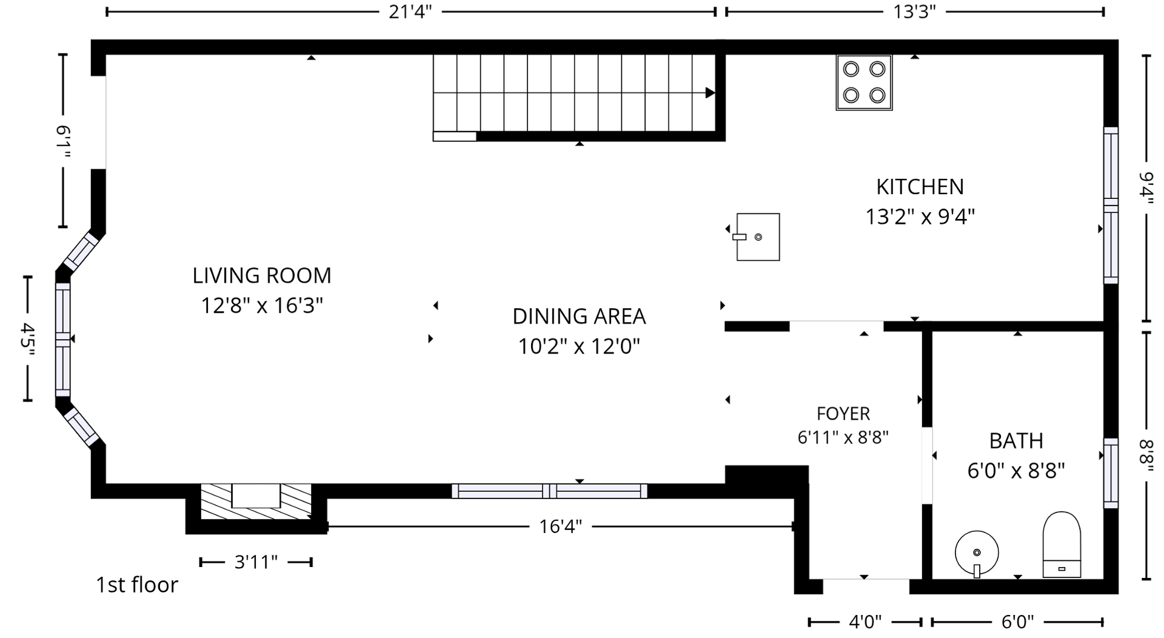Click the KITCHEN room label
(920, 187)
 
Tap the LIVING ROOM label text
(262, 276)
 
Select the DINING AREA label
(579, 317)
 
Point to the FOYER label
(843, 414)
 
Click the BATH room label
(1016, 441)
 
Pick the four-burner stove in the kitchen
(864, 82)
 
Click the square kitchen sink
(757, 237)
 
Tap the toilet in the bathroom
(1062, 545)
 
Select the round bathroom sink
(977, 553)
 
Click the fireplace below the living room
(256, 502)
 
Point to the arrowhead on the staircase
(710, 93)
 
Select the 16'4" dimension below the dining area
(560, 526)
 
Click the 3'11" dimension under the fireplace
(256, 562)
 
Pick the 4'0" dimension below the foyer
(865, 622)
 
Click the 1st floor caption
(137, 585)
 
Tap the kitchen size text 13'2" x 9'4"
(920, 217)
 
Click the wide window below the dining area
(549, 491)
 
